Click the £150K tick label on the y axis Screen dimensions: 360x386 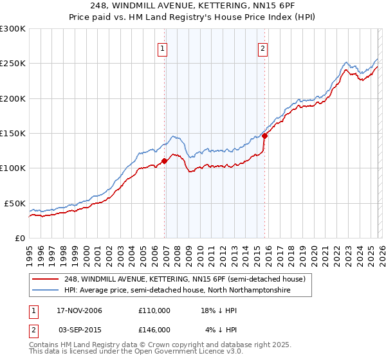[13, 133]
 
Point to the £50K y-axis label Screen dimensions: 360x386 [15, 203]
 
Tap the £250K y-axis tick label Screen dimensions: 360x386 [13, 64]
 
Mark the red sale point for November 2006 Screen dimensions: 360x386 [165, 161]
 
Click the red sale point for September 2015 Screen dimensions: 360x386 [264, 136]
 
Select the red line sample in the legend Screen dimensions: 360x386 [46, 279]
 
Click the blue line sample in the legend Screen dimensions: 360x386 [46, 290]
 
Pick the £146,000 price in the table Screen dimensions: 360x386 [154, 329]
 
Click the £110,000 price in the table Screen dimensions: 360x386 [154, 310]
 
